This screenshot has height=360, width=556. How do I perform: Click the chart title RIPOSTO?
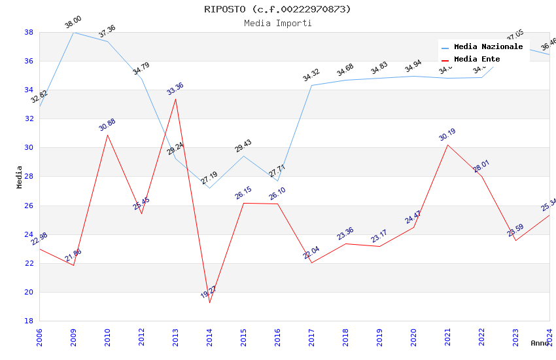[277, 9]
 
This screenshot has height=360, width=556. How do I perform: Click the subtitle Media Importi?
[277, 23]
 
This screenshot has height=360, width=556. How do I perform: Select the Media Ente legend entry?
[477, 60]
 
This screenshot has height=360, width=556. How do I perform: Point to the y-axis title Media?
[19, 177]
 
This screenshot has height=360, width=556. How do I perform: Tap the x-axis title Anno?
[540, 343]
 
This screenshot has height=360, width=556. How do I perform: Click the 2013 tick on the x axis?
[175, 336]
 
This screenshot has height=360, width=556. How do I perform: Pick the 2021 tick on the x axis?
[447, 336]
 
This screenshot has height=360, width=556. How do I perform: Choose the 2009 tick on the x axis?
[73, 336]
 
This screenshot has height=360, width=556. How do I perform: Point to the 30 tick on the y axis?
[29, 148]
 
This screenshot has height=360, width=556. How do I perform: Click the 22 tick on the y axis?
[29, 263]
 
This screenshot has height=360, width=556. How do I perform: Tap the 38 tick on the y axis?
[29, 32]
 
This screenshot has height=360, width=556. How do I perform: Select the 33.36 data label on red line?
[175, 89]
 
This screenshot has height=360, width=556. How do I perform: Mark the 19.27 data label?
[209, 292]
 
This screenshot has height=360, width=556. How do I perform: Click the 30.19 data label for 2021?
[447, 135]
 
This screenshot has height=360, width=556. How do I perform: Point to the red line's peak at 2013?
[175, 99]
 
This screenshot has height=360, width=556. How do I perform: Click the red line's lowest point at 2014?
[209, 302]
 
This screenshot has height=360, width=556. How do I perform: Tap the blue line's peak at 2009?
[73, 32]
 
